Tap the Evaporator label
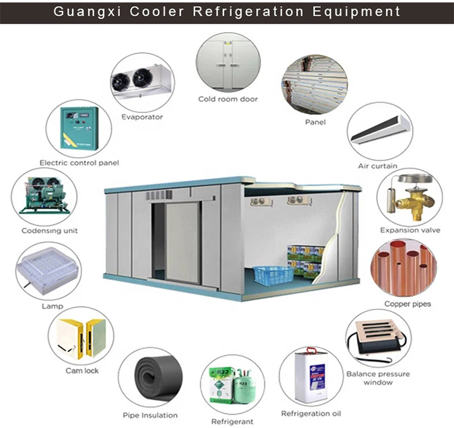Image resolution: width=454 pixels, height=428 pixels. click(142, 117)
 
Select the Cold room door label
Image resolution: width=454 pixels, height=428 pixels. click(228, 99)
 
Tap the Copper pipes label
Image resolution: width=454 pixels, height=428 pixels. click(407, 303)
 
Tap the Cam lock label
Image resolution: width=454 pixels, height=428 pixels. click(82, 370)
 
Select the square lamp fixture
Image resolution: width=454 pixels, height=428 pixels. click(48, 270)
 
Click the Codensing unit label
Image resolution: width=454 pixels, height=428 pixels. click(50, 230)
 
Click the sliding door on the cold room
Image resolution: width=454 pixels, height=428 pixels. click(182, 242)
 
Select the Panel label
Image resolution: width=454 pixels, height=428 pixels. click(315, 122)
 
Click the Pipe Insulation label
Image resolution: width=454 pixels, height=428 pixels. click(150, 415)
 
